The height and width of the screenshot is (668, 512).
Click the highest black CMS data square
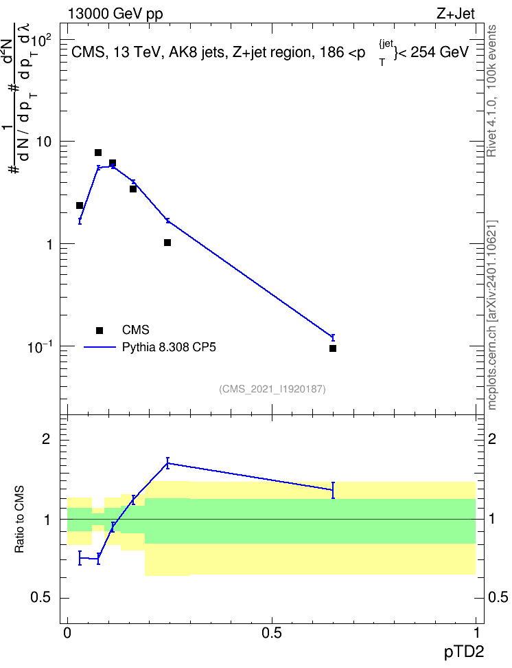98,153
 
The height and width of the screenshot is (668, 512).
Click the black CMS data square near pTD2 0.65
333,348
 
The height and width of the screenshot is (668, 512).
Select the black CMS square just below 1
167,243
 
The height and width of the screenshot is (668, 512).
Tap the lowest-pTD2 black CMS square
79,205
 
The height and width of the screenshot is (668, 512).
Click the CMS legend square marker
100,330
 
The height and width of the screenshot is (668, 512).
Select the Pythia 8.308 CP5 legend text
169,348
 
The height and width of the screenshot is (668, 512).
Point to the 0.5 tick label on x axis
272,634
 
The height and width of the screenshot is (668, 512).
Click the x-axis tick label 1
476,634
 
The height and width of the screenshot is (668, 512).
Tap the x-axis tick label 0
67,634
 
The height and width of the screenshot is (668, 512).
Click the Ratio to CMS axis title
19,520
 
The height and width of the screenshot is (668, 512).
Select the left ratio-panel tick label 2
46,438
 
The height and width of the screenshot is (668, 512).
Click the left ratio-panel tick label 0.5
41,598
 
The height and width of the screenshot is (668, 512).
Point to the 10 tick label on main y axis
44,142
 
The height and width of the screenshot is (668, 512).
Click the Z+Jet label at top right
456,14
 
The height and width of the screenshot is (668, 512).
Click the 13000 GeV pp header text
115,14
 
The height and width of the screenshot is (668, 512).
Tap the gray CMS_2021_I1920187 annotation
272,389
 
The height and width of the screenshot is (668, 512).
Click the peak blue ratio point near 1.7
167,463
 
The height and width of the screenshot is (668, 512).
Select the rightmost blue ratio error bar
333,491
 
